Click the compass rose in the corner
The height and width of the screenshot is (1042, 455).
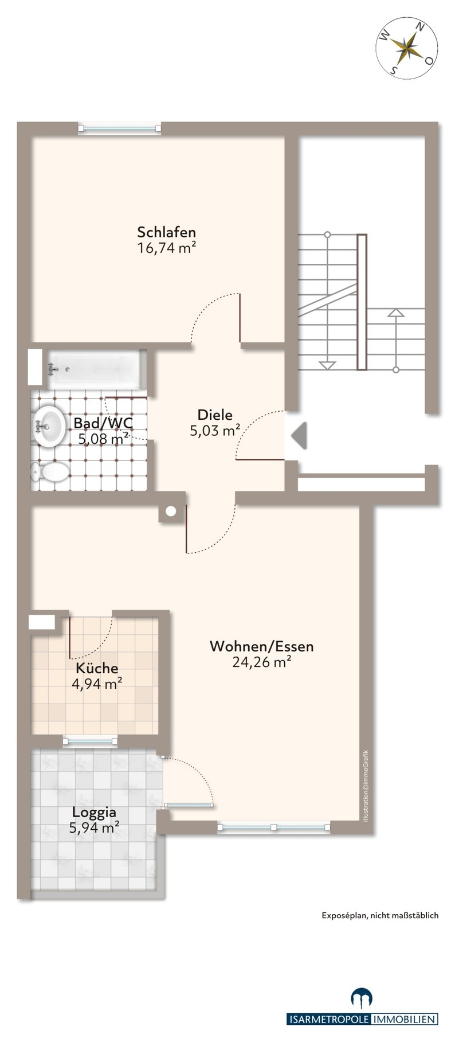coord(407,45)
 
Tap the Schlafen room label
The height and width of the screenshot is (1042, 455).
coord(166,232)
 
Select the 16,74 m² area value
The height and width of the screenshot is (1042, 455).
coord(166,248)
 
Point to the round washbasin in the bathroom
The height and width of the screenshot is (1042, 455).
coord(49,425)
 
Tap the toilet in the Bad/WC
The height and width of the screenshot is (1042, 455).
coord(50,473)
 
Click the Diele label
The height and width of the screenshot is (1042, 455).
coord(214,415)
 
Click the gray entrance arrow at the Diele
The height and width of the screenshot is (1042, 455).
coord(299,435)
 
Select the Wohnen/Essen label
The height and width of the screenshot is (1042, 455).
coord(261,646)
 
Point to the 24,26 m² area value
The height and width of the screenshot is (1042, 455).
coord(261,662)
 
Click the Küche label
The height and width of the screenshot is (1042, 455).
coord(97,668)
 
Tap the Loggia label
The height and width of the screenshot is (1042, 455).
coord(94,812)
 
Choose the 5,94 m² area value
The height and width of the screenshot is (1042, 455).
coord(95,827)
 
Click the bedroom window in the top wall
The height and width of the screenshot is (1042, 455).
coord(120,128)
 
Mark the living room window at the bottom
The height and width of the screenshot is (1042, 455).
coord(274,827)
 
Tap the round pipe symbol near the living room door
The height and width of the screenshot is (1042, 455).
coord(170,512)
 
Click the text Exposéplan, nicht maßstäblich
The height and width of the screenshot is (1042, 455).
coord(379,915)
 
